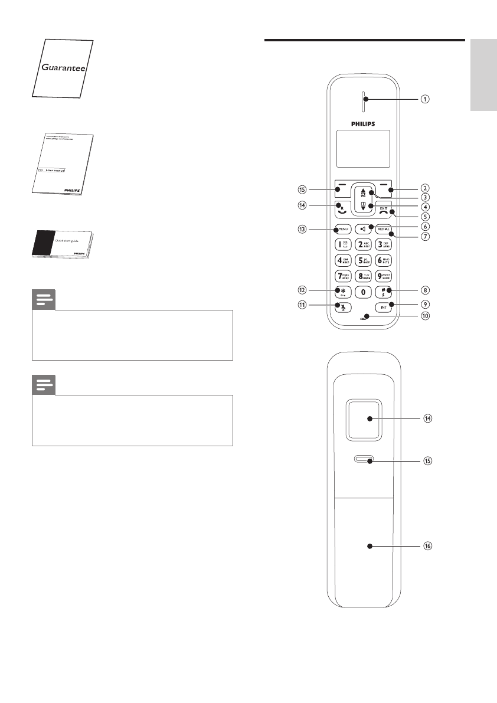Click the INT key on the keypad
pyautogui.click(x=384, y=307)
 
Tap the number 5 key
pyautogui.click(x=363, y=260)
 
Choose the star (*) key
pyautogui.click(x=342, y=292)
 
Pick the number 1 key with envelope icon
pyautogui.click(x=342, y=244)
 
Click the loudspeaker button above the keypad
pyautogui.click(x=363, y=228)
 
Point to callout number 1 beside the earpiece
pyautogui.click(x=424, y=99)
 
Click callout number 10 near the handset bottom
pyautogui.click(x=424, y=316)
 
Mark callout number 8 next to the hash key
pyautogui.click(x=424, y=290)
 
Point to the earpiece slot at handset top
pyautogui.click(x=364, y=100)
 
